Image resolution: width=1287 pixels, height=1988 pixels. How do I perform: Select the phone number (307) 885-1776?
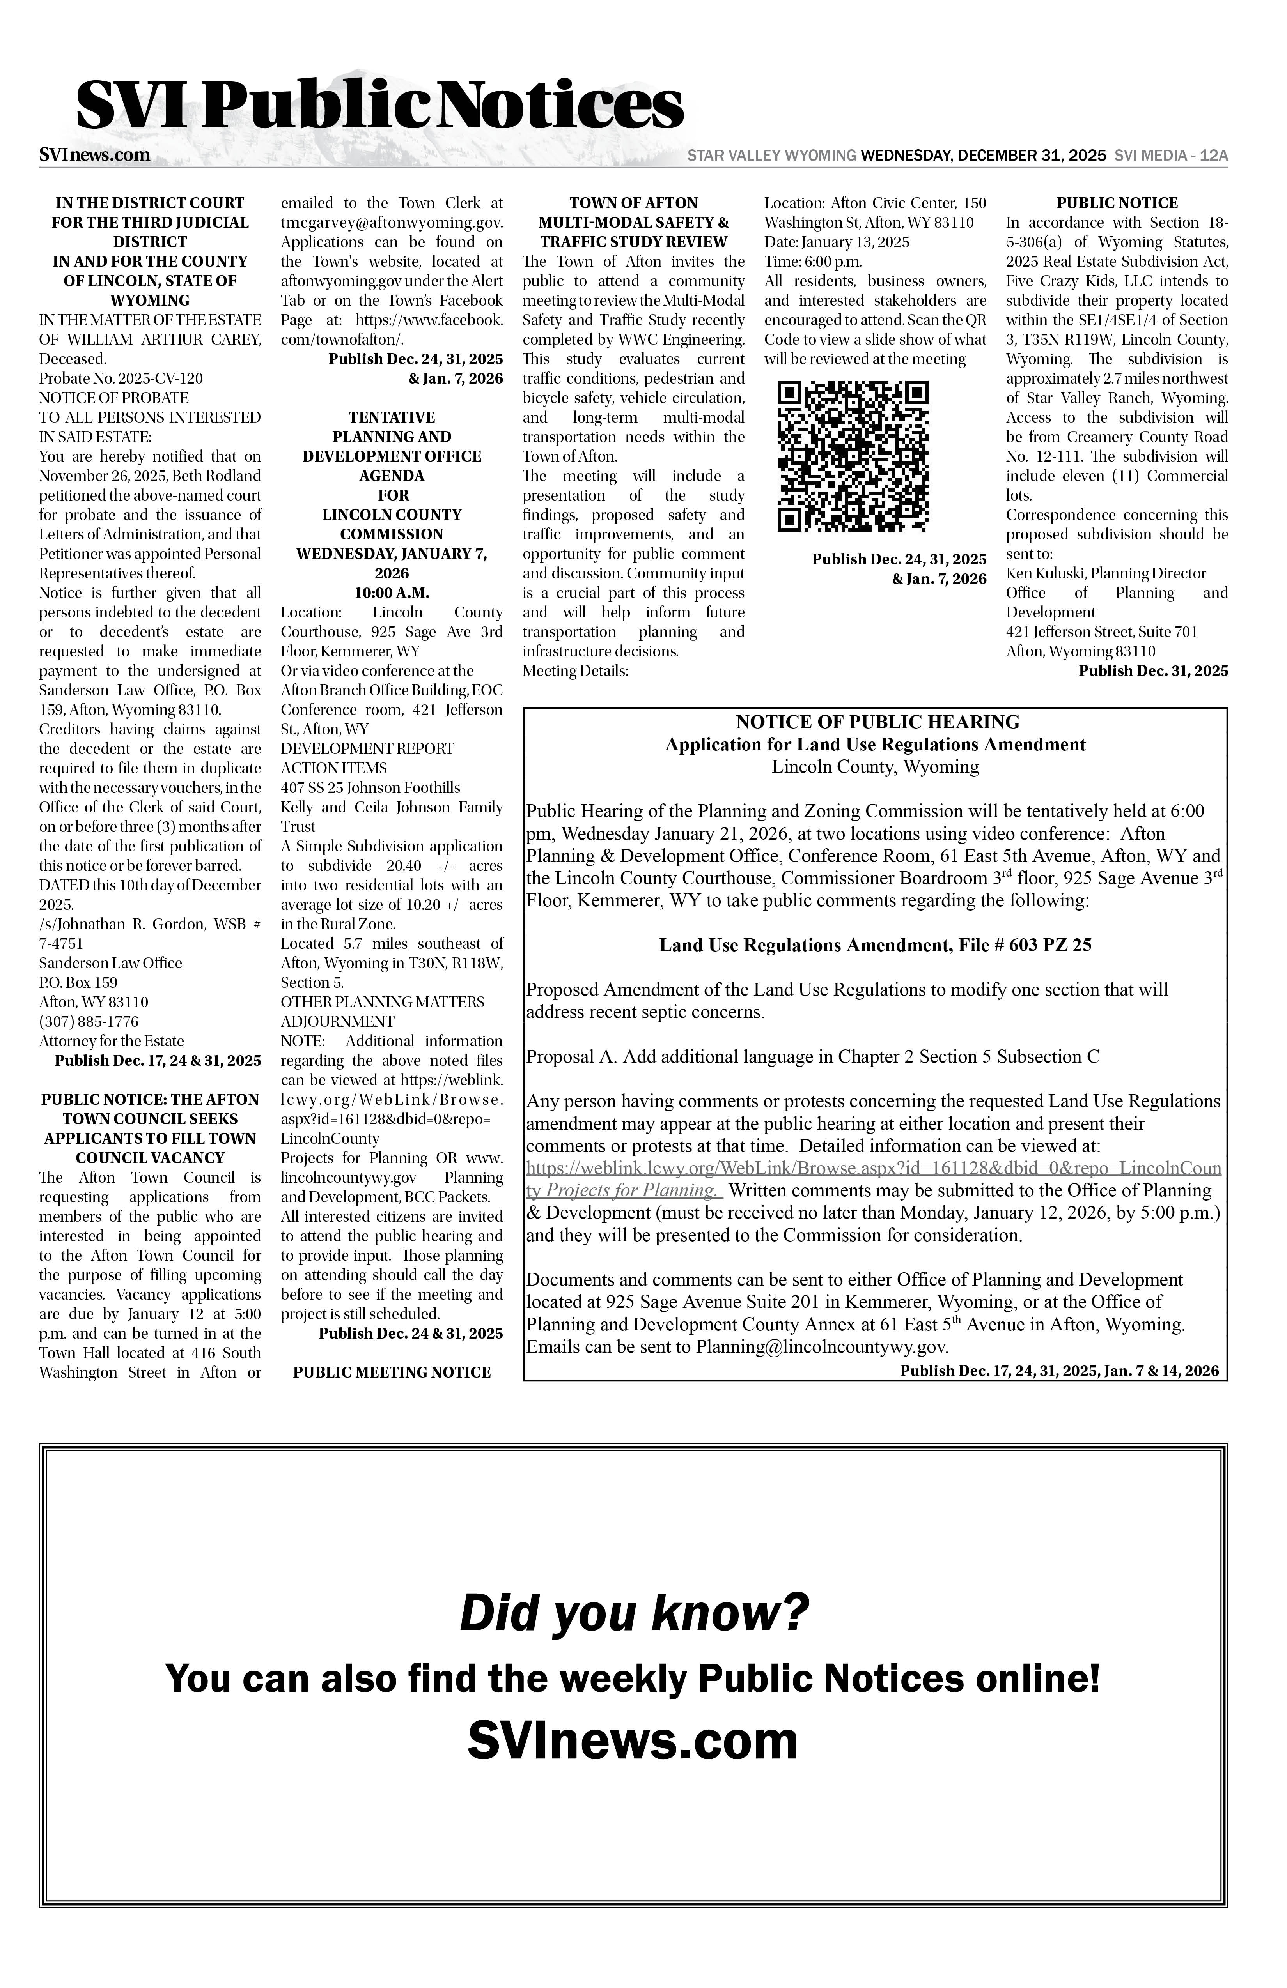(89, 1022)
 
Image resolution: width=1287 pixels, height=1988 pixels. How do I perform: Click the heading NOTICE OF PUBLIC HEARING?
(877, 722)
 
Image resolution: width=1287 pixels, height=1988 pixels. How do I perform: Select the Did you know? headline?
(634, 1613)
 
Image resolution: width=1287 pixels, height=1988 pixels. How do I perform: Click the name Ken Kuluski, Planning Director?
(1106, 573)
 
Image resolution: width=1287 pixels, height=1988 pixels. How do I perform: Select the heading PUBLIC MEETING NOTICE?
(392, 1372)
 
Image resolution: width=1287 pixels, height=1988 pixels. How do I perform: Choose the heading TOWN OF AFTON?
(633, 203)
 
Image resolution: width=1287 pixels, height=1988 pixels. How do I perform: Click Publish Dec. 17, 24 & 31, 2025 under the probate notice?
(158, 1061)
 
